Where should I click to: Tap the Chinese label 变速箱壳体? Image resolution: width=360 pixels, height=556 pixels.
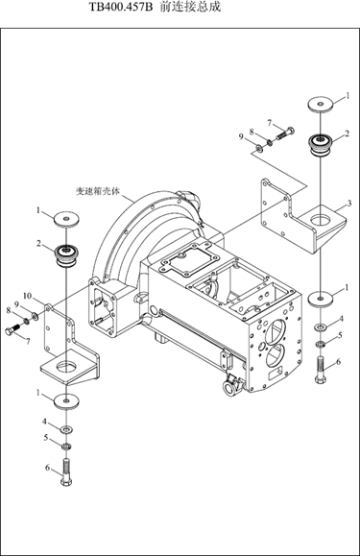point(98,191)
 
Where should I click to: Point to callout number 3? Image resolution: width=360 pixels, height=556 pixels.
point(349,204)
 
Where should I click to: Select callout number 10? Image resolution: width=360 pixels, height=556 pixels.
point(27,296)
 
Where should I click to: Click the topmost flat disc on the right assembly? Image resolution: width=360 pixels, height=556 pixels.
point(321,105)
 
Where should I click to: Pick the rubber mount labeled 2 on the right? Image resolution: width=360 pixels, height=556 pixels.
point(321,144)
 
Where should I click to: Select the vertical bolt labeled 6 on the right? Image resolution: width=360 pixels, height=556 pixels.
point(320,370)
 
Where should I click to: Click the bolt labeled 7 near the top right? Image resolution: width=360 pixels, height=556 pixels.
point(285,133)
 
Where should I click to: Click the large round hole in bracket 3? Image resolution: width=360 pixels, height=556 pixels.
point(321,220)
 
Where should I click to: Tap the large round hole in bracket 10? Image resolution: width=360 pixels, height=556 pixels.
point(66,366)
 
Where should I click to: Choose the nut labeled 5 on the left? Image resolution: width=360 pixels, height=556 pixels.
point(66,446)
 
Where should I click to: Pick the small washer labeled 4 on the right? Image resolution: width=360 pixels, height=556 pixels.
point(321,326)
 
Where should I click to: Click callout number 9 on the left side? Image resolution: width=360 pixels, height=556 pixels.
point(16,304)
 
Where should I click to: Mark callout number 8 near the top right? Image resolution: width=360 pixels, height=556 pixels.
point(252,133)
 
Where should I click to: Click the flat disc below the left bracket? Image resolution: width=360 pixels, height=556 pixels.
point(66,400)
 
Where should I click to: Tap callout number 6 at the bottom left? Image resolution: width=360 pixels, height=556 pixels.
point(47,468)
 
